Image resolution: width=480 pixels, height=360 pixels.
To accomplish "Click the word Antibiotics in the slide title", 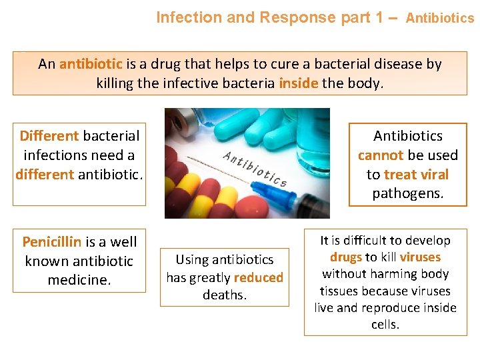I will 440,18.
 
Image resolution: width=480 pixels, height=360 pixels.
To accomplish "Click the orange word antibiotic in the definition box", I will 91,65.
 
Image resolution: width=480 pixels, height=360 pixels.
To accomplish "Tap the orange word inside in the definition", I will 298,84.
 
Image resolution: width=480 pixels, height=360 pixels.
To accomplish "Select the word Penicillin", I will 51,241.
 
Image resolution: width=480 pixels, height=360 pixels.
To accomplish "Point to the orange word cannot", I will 381,155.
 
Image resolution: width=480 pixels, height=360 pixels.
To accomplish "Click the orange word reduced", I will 258,277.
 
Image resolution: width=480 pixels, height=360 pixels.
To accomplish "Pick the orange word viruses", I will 420,257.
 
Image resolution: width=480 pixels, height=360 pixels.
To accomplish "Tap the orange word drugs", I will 345,257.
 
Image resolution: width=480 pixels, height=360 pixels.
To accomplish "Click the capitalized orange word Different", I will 49,136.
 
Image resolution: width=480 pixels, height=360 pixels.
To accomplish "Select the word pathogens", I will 407,194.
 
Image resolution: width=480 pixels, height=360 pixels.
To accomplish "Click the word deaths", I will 225,295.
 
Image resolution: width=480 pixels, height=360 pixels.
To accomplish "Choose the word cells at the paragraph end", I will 385,325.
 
